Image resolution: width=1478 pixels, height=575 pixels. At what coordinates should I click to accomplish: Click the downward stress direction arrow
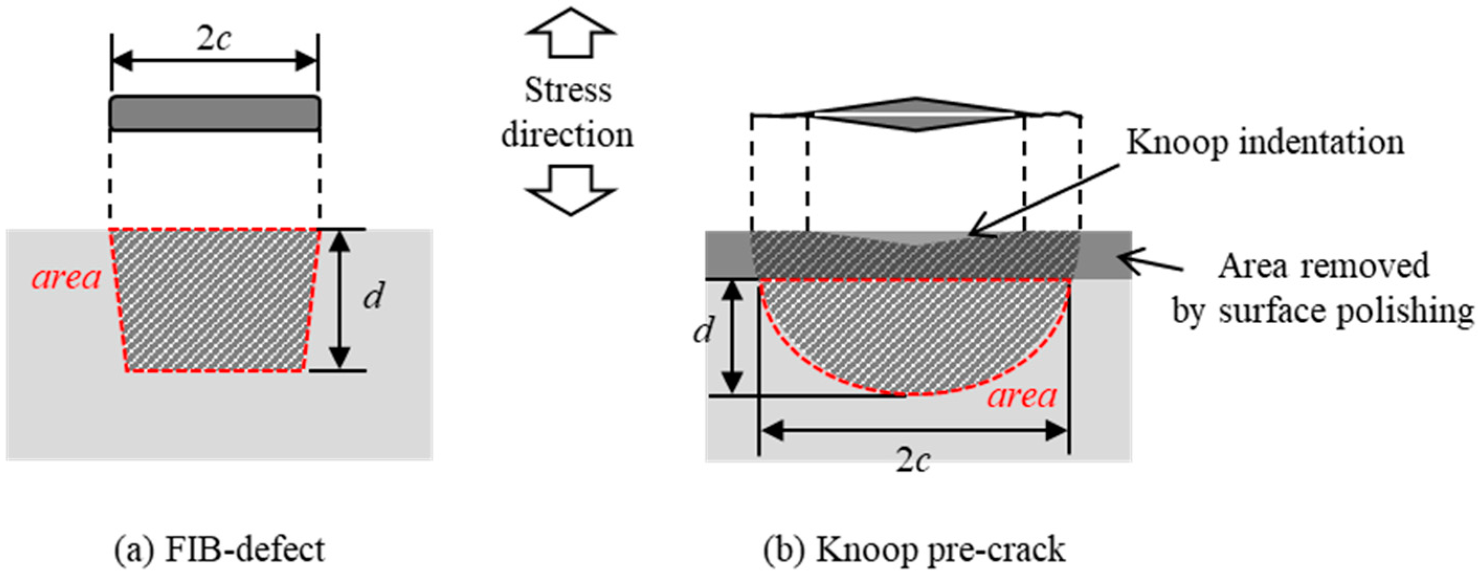(x=570, y=190)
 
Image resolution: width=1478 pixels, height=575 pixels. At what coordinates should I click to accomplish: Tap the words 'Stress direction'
(x=567, y=113)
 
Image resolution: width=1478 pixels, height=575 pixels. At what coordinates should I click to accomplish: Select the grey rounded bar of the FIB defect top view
(x=215, y=113)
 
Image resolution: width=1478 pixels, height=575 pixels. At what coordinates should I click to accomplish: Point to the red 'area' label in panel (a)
(x=66, y=278)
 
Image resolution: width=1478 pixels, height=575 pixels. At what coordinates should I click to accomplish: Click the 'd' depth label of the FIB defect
(x=374, y=297)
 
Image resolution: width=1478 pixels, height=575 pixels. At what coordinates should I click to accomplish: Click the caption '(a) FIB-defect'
(x=220, y=549)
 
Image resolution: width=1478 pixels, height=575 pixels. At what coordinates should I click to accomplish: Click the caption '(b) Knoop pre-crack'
(x=914, y=549)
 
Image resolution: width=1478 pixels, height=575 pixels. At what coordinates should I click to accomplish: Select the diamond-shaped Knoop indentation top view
(x=916, y=114)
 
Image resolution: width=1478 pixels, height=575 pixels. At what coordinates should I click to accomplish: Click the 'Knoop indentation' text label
(x=1265, y=142)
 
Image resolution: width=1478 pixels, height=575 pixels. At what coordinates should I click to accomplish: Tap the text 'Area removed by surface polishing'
(x=1323, y=289)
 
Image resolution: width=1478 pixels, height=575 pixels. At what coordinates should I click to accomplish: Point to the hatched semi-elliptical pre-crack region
(x=914, y=333)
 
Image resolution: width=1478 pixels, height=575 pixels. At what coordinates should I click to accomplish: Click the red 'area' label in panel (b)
(x=1023, y=396)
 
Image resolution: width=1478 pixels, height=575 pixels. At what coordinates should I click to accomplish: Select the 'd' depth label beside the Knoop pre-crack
(x=703, y=331)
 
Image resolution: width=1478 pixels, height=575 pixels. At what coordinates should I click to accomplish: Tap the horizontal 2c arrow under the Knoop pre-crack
(x=914, y=431)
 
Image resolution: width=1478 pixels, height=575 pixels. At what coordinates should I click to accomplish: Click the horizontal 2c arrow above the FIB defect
(x=215, y=60)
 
